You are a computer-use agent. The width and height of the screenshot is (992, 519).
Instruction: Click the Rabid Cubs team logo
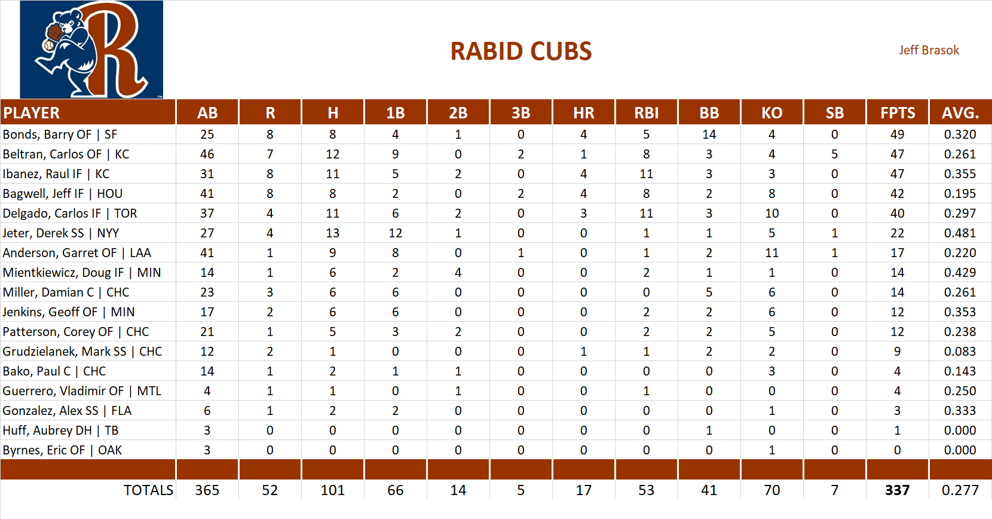91,50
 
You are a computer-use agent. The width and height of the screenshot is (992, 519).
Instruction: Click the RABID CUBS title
521,51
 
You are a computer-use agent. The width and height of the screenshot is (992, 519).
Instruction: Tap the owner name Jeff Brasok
929,50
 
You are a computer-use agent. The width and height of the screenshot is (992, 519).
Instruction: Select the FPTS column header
897,113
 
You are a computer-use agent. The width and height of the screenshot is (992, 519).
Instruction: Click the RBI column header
646,113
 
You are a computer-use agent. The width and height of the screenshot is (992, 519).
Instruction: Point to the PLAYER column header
32,113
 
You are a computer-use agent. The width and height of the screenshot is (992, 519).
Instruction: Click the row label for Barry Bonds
60,135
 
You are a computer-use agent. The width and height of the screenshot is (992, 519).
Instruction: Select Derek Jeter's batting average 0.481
960,233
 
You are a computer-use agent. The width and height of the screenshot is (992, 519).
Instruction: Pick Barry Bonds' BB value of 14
709,135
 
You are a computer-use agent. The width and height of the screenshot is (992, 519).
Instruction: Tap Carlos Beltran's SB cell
834,154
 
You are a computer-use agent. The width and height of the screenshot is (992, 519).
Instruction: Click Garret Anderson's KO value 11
771,253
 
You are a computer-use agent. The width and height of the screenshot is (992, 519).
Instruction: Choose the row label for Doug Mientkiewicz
81,273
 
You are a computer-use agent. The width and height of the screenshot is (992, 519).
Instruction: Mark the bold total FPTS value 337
897,490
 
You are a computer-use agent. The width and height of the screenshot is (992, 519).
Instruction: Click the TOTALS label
148,490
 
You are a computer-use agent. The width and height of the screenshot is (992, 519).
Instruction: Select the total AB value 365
207,490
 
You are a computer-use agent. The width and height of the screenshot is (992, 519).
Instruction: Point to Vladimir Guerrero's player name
81,391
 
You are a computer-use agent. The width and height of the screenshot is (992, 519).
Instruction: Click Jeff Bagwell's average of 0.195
960,194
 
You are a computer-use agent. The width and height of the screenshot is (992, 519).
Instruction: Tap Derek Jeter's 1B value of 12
395,233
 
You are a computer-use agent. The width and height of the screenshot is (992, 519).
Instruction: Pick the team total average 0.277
960,490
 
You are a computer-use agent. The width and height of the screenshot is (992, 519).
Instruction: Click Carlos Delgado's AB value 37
207,213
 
